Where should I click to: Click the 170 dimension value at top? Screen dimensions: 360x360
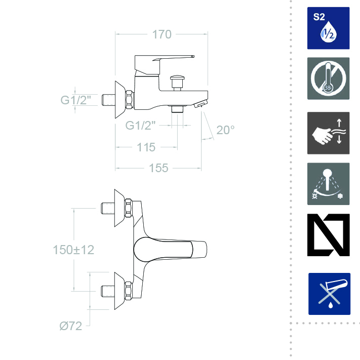pos(162,34)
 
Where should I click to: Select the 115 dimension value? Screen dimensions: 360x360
pos(146,147)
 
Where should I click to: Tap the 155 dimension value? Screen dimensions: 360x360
pos(158,168)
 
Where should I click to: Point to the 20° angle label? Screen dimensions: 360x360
pos(225,130)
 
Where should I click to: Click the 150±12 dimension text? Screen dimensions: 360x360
pos(73,250)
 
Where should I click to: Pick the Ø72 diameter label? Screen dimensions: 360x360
pos(71,326)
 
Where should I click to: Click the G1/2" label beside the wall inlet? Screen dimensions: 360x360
pos(76,100)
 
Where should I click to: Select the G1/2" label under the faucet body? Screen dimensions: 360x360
pos(140,126)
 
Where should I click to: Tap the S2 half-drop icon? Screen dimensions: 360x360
pos(328,28)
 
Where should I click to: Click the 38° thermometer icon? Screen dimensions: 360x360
pos(328,78)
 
